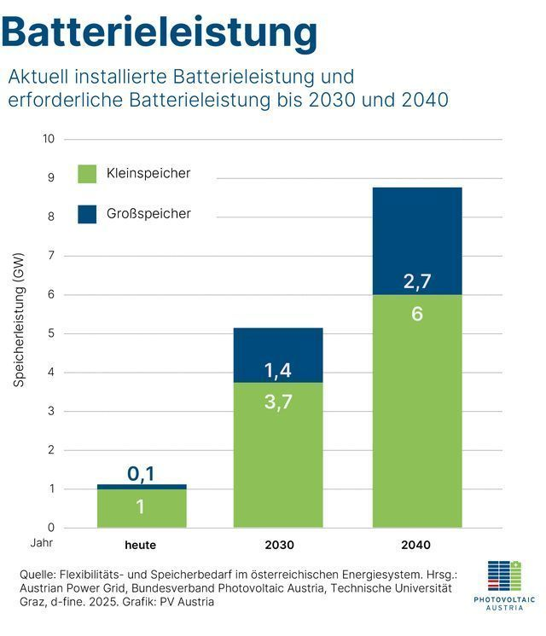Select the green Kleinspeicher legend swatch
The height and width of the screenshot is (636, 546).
(x=87, y=174)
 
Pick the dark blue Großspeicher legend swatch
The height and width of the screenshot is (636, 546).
(x=87, y=214)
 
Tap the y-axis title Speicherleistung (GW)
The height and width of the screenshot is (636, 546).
(x=19, y=320)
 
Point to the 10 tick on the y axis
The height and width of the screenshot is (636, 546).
(x=48, y=139)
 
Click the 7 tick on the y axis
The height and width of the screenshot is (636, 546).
(x=51, y=256)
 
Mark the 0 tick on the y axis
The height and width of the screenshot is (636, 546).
(x=51, y=528)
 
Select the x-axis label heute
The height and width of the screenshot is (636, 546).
(x=141, y=545)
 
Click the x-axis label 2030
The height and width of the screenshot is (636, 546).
(x=278, y=545)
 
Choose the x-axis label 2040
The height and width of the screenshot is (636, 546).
(x=416, y=545)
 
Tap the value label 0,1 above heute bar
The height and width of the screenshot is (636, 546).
(x=141, y=474)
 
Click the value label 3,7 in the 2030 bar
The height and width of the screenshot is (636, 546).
(x=278, y=402)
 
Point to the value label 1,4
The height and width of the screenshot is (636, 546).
(x=278, y=370)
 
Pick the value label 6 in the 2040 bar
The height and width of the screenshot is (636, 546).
(x=416, y=314)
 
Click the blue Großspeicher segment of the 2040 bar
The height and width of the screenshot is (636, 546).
(x=416, y=230)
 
